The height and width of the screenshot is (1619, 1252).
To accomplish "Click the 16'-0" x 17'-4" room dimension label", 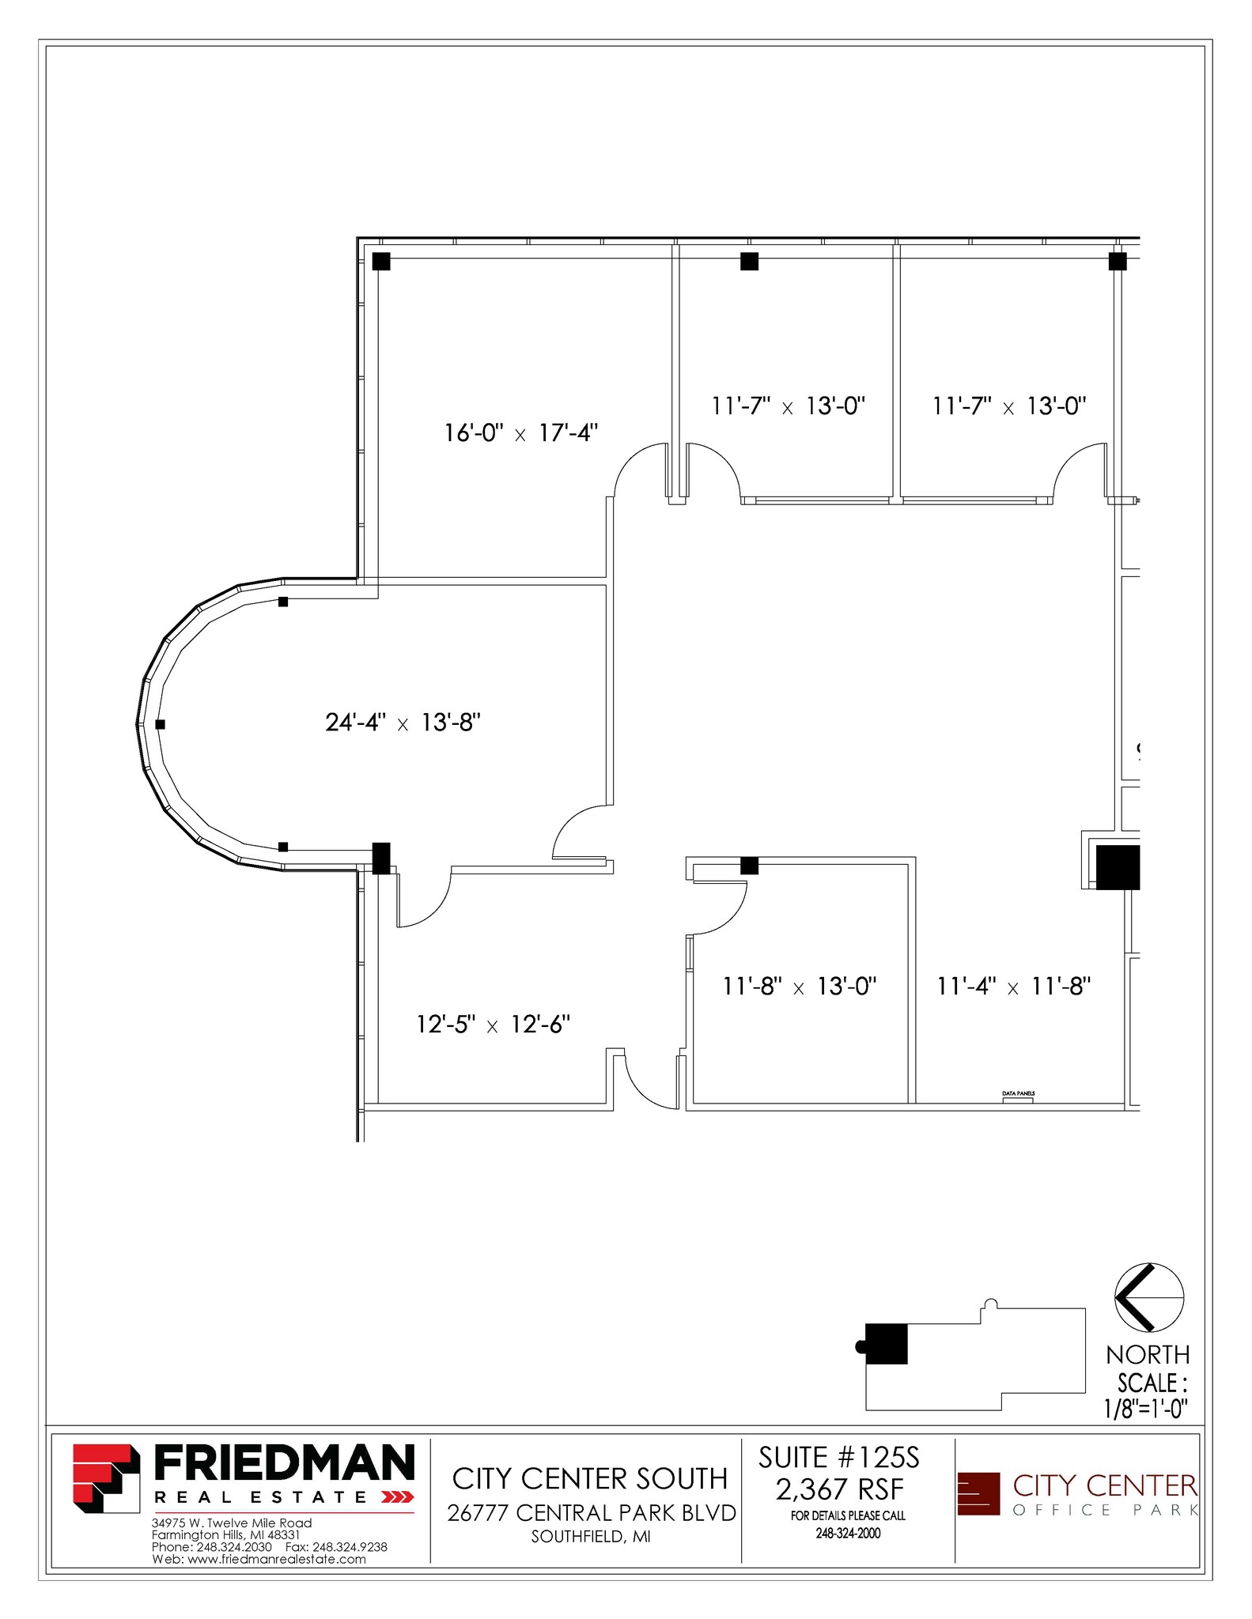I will pyautogui.click(x=520, y=433).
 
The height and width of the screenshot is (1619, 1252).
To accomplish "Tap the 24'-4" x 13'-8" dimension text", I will pyautogui.click(x=403, y=723).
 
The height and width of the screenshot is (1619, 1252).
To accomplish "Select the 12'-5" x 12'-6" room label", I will pyautogui.click(x=493, y=1025).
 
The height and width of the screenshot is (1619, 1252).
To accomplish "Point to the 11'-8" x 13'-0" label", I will pyautogui.click(x=800, y=987).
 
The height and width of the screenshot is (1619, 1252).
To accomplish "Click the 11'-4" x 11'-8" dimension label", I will pyautogui.click(x=1014, y=987).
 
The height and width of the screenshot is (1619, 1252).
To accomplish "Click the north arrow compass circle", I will pyautogui.click(x=1148, y=1298).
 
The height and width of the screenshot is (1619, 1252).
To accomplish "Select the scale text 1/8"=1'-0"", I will pyautogui.click(x=1146, y=1409).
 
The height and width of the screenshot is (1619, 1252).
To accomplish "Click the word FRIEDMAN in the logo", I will pyautogui.click(x=283, y=1463).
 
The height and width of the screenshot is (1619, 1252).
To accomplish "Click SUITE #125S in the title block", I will pyautogui.click(x=838, y=1457).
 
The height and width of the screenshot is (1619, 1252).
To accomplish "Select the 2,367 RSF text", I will pyautogui.click(x=838, y=1489).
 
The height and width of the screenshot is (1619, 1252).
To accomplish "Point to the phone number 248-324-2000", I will pyautogui.click(x=848, y=1534).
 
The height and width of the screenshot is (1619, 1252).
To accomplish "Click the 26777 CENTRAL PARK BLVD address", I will pyautogui.click(x=591, y=1513).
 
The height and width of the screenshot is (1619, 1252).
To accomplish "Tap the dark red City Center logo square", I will pyautogui.click(x=978, y=1493).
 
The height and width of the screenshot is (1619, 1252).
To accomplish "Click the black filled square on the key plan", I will pyautogui.click(x=886, y=1344).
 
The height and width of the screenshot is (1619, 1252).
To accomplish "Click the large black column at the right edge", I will pyautogui.click(x=1117, y=867).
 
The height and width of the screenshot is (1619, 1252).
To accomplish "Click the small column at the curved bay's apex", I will pyautogui.click(x=161, y=724).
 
